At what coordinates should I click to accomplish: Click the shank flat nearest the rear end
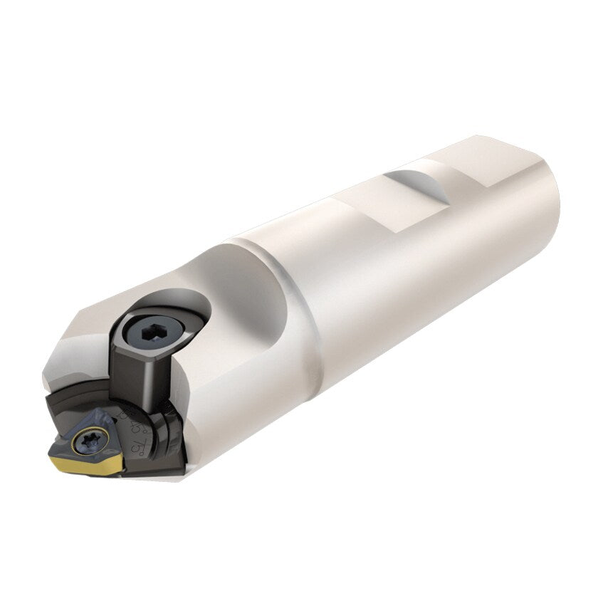tap(491, 160)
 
